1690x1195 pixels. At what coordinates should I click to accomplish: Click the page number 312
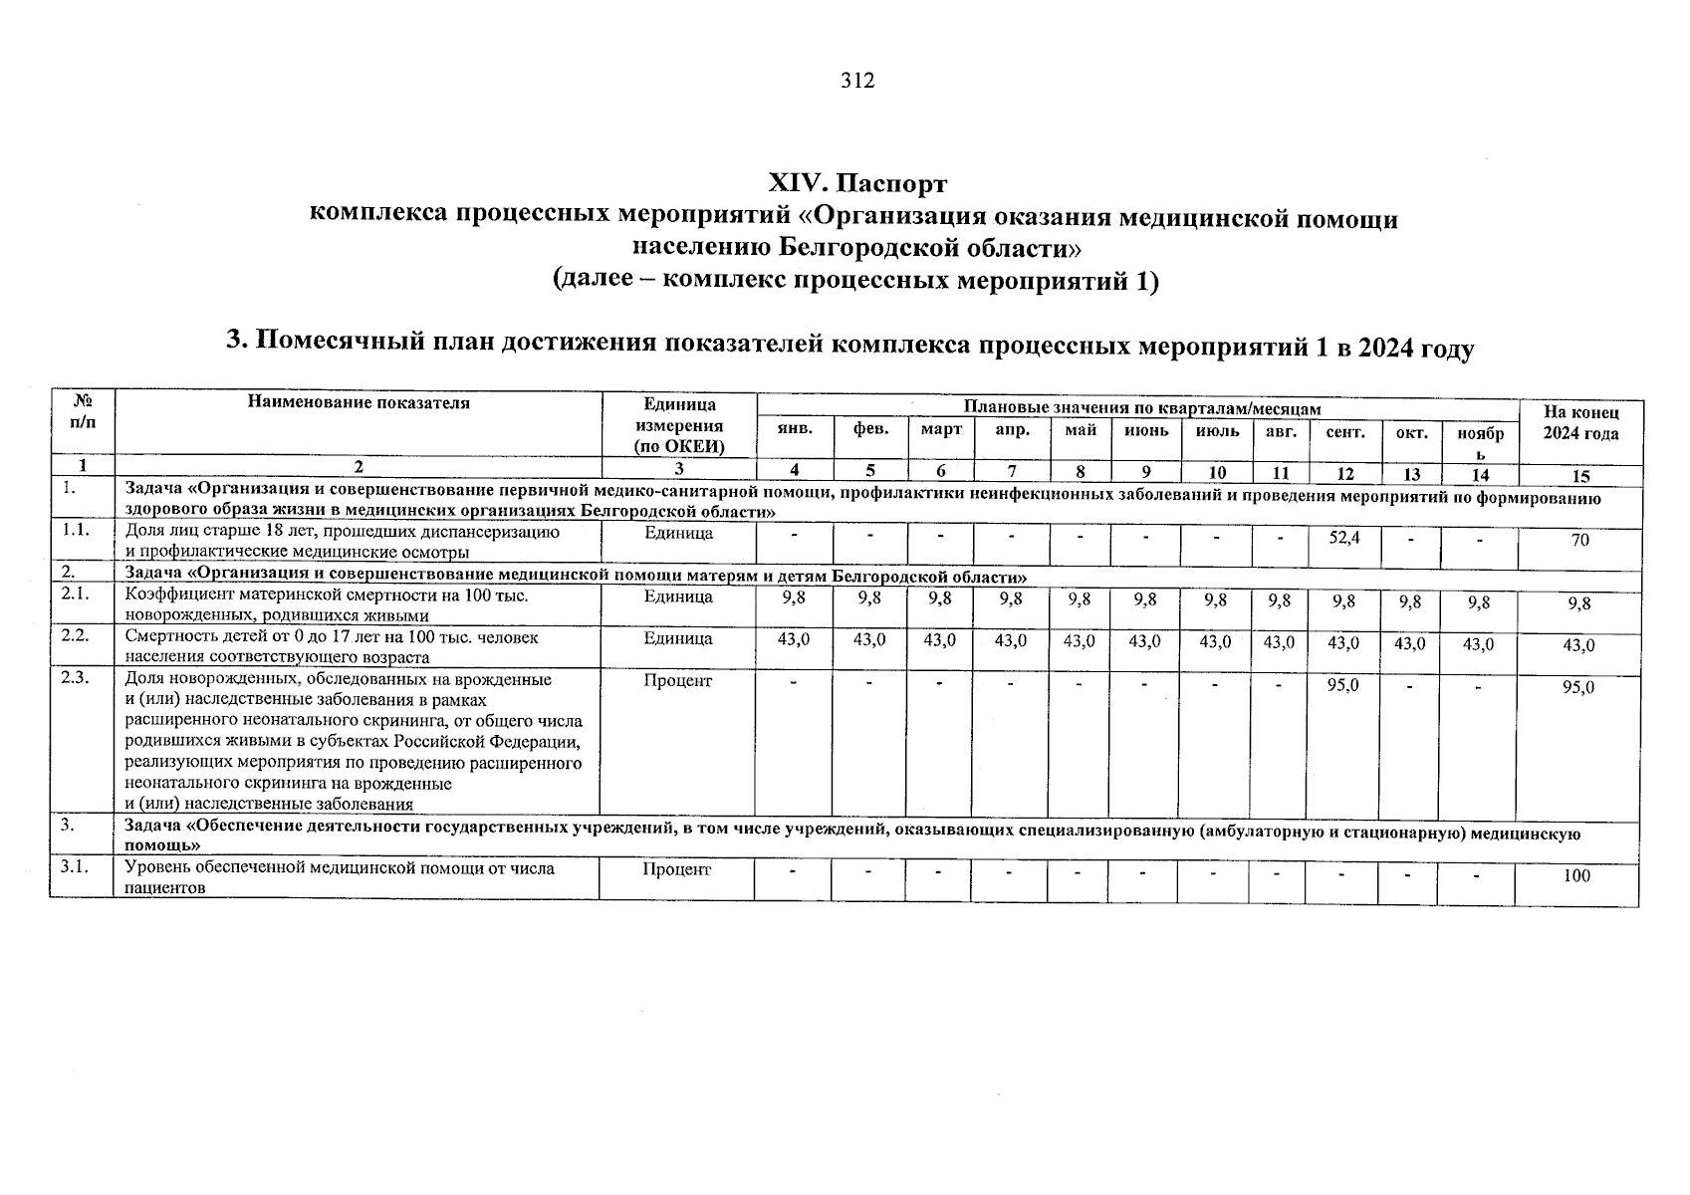pos(856,82)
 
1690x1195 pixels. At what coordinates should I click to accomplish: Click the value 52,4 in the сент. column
pos(1344,538)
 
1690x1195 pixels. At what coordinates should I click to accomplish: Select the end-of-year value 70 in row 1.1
pos(1579,541)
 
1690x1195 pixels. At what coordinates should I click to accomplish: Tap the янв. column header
pos(794,430)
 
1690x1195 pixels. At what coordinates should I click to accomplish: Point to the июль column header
pos(1217,431)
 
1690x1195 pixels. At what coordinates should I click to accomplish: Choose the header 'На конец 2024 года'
pos(1580,423)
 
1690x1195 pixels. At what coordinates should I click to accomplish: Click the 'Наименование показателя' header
pos(359,403)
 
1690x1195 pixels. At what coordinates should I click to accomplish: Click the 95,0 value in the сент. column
pos(1343,685)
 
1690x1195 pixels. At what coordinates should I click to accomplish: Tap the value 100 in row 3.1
pos(1577,876)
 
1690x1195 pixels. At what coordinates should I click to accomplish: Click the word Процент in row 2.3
pos(678,681)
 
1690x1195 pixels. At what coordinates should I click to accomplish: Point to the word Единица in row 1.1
pos(678,534)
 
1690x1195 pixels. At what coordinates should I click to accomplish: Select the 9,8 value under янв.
pos(794,598)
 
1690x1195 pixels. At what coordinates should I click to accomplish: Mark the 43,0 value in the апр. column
pos(1010,641)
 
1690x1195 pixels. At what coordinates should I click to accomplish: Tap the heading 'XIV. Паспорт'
pos(857,185)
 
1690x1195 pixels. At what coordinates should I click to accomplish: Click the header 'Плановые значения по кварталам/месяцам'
pos(1141,408)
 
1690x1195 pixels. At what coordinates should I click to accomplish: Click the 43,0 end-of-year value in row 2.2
pos(1578,645)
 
